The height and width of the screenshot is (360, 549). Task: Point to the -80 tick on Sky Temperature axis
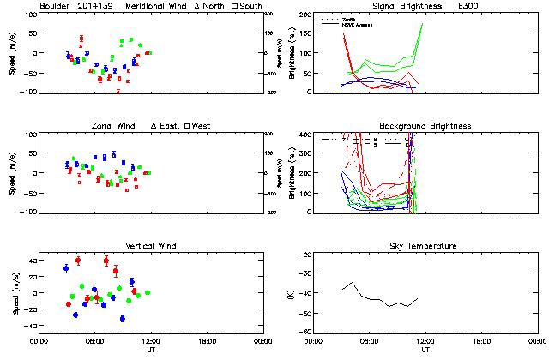point(304,332)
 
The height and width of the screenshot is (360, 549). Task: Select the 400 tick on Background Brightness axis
point(303,135)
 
